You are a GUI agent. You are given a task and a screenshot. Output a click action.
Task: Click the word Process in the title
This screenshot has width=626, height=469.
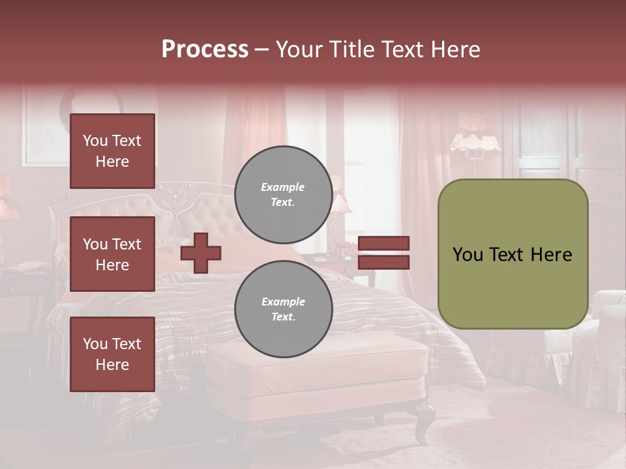[x=205, y=50]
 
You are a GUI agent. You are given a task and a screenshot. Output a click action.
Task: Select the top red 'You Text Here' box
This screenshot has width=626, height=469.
[x=112, y=151]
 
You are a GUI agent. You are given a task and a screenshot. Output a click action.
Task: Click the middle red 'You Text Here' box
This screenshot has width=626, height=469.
[x=112, y=254]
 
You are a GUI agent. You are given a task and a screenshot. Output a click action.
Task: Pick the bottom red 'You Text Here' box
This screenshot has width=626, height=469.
[x=112, y=354]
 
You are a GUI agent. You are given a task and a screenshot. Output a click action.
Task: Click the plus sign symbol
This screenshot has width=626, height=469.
[x=201, y=253]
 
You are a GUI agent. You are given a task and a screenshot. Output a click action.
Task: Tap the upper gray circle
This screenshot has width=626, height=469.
[x=283, y=195]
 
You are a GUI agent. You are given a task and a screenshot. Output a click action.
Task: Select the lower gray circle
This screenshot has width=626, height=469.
[x=283, y=309]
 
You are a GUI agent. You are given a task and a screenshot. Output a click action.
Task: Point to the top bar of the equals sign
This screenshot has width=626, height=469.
[x=383, y=244]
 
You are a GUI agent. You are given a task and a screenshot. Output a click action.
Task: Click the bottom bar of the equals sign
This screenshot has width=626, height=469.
[x=383, y=262]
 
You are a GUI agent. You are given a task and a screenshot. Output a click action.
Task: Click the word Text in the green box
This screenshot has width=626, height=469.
[x=510, y=255]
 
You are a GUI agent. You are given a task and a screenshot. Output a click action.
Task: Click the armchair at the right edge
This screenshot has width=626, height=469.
[x=603, y=339]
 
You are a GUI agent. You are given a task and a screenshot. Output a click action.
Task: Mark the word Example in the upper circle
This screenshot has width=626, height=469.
[x=283, y=187]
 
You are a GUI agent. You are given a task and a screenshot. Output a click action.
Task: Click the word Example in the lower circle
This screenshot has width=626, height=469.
[x=283, y=302]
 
